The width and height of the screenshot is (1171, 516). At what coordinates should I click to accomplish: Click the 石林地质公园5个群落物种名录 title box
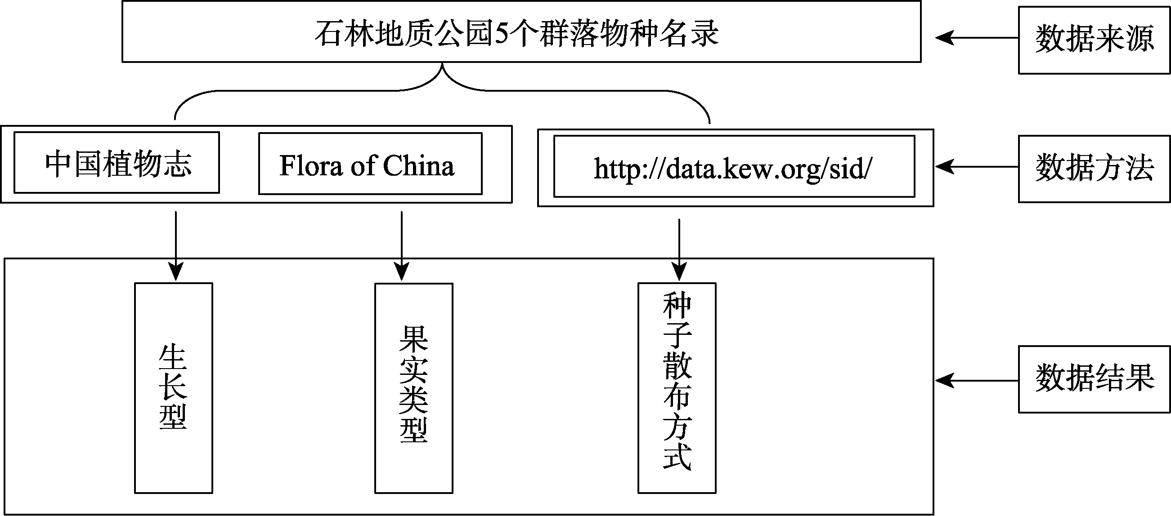(521, 31)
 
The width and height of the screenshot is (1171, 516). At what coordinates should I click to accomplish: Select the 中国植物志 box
(117, 163)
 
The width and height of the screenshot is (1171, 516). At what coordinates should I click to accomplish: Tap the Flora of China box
(371, 164)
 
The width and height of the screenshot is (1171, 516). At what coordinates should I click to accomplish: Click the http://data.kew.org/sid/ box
(734, 166)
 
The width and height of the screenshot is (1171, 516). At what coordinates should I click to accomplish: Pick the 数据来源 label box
(1094, 40)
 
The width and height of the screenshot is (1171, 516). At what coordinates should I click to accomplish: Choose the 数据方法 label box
(1094, 169)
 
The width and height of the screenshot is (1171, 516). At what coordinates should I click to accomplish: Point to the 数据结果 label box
(1094, 379)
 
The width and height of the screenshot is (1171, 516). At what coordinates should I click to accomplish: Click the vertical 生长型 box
(174, 388)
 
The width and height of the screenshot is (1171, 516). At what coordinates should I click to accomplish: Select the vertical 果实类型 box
(414, 388)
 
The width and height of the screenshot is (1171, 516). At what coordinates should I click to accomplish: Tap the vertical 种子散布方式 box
(677, 388)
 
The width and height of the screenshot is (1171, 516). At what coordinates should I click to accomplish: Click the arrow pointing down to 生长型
(175, 246)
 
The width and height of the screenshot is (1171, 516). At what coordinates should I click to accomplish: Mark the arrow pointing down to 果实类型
(402, 246)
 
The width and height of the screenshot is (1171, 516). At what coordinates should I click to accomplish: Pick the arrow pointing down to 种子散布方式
(679, 250)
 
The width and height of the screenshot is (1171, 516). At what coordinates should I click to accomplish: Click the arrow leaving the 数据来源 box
(977, 38)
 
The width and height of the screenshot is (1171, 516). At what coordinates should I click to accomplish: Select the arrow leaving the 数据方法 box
(977, 167)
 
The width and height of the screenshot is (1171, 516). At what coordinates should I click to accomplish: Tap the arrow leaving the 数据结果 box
(977, 380)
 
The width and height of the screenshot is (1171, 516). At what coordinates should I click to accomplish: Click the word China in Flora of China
(419, 165)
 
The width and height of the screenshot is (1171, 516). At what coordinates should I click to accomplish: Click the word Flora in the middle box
(311, 165)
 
